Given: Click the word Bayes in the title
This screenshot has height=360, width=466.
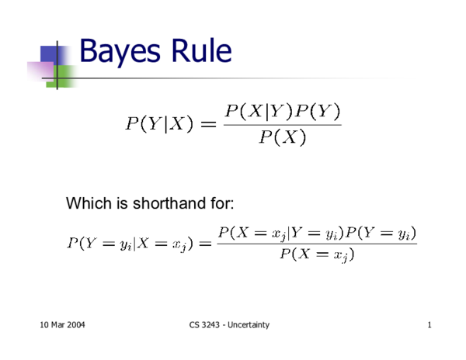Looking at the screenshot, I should point(116,52).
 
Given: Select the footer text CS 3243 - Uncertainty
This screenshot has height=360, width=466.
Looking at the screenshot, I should point(230,324).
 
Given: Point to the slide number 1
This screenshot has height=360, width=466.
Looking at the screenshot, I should point(429,324).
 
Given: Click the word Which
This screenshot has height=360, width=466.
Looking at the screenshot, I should point(87,204).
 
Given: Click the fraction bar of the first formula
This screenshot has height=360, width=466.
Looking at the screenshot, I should point(282,125).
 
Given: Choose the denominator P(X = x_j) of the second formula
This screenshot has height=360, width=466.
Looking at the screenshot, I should point(316,255).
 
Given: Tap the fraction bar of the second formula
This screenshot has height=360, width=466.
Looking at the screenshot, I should point(316,244).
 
